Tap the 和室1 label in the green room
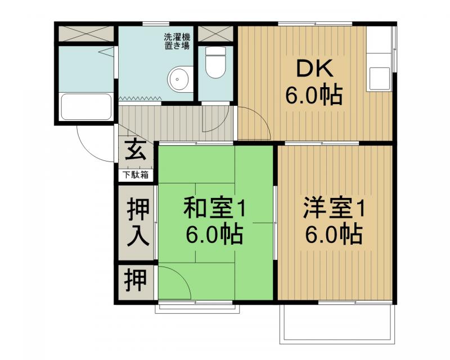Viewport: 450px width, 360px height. [x=215, y=209]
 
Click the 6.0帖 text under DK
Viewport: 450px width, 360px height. [x=314, y=96]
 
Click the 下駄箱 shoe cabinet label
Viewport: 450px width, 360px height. [x=136, y=175]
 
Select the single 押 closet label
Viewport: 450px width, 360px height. [x=135, y=280]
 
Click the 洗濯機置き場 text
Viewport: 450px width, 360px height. [x=177, y=42]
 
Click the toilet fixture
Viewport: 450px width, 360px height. [x=214, y=63]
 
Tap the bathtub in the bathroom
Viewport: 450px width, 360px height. [x=86, y=107]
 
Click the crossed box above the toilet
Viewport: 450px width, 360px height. [x=215, y=33]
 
